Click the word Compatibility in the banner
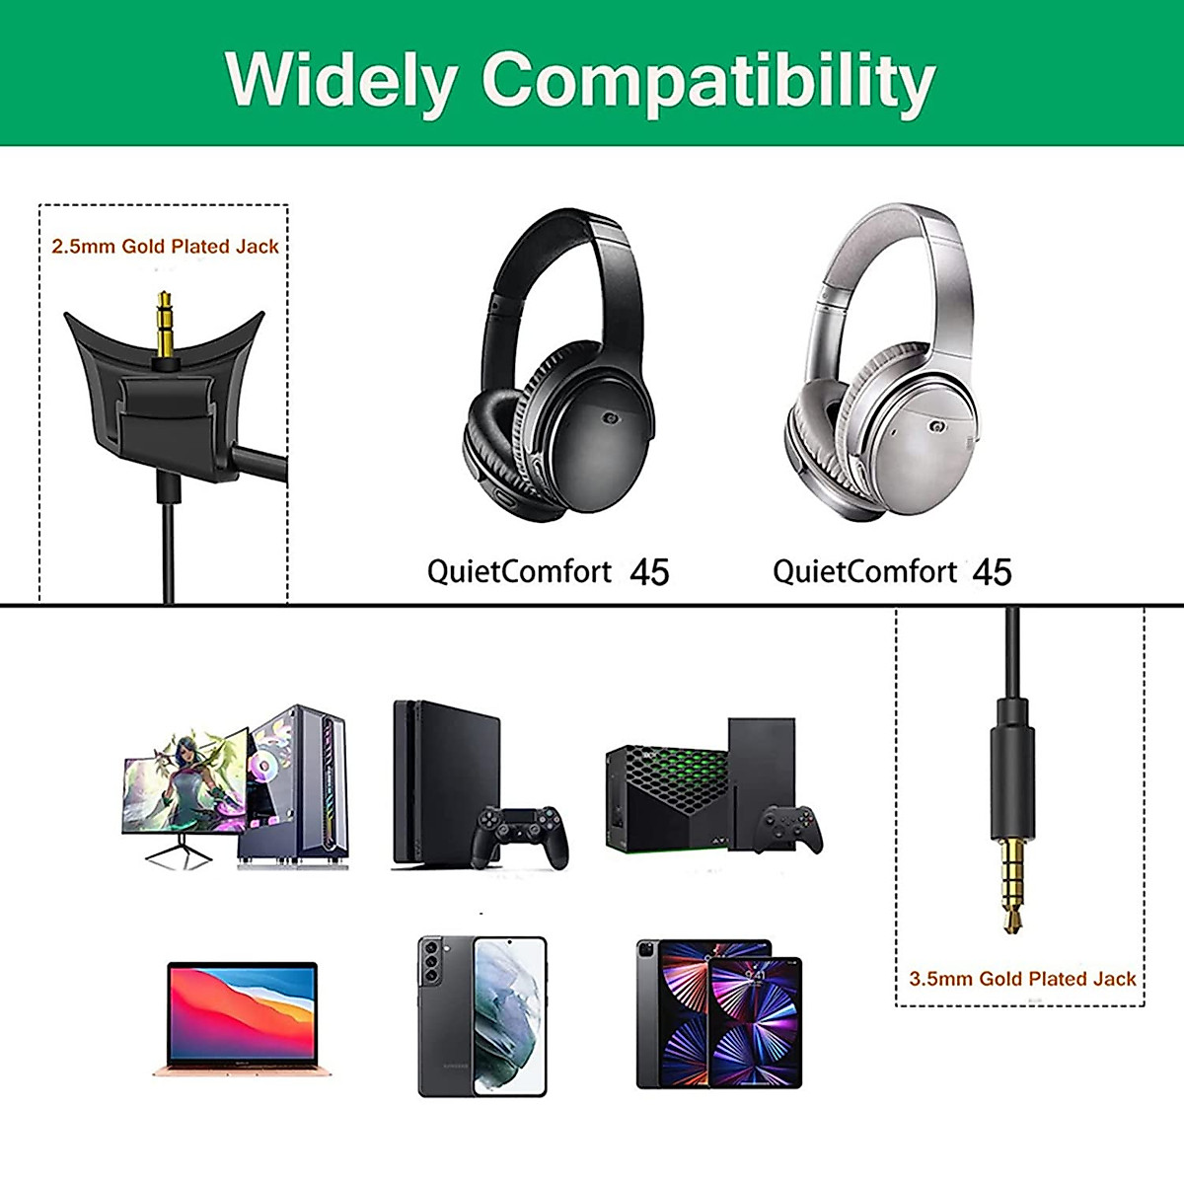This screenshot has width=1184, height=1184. [707, 81]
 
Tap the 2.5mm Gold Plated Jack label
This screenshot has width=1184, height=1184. [165, 247]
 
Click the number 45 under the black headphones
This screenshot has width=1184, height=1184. [649, 572]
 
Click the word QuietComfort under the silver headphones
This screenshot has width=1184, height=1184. [864, 572]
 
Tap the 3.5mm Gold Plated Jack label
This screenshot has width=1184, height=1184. [1021, 979]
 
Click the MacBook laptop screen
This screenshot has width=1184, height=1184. [242, 1011]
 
